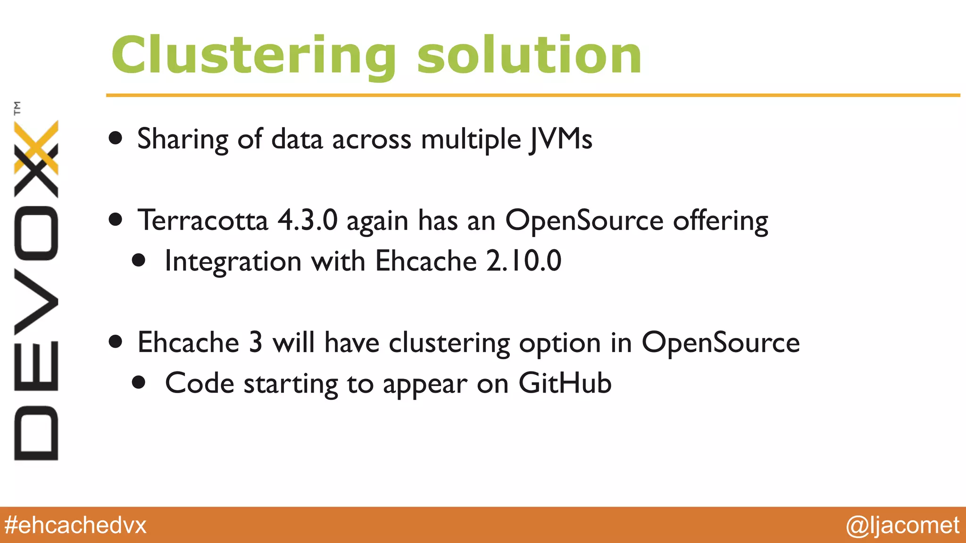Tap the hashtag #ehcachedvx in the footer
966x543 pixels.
click(75, 525)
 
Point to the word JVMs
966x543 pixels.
click(560, 140)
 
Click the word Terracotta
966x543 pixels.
click(203, 220)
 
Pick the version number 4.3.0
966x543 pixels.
click(308, 220)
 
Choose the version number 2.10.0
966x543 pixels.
click(524, 261)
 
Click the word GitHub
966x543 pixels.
click(565, 383)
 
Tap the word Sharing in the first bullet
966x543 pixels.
click(183, 140)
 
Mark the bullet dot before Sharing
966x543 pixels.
click(116, 138)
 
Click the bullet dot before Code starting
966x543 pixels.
click(139, 382)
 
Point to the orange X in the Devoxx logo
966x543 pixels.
click(37, 146)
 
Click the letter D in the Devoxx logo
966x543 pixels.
click(36, 433)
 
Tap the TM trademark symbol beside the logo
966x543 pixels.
click(17, 108)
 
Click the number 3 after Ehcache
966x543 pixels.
click(255, 342)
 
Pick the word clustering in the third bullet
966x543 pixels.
click(449, 343)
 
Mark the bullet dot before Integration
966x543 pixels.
click(139, 260)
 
